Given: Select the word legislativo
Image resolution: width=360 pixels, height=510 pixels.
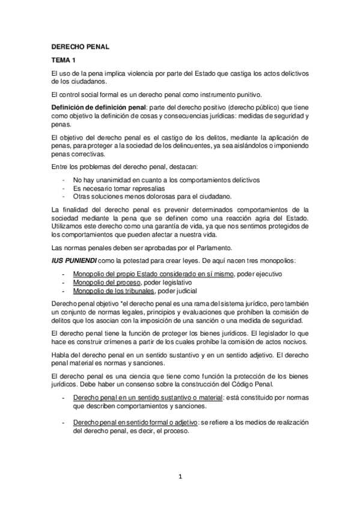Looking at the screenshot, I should (x=175, y=281).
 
